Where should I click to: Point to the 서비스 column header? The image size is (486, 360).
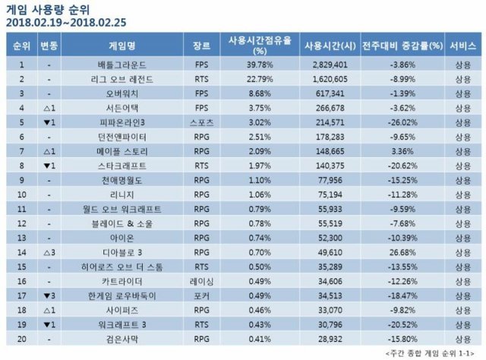point(462,46)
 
